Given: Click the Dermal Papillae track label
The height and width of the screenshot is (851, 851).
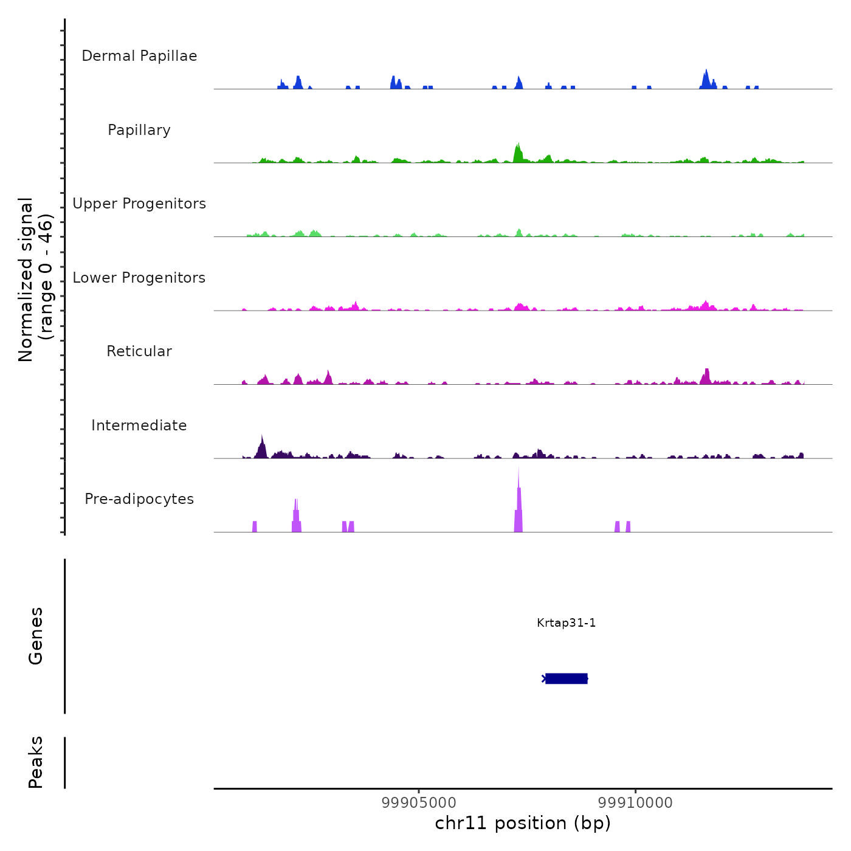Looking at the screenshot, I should (139, 56).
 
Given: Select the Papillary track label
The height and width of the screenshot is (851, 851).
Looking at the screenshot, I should (139, 130).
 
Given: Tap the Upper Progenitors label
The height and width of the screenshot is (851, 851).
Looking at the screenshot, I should (139, 204).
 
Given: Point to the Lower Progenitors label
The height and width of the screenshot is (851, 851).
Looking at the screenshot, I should (139, 278).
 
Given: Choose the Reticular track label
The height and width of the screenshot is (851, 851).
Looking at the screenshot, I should (139, 351).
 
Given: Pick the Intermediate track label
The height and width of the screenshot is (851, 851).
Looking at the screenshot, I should (139, 425).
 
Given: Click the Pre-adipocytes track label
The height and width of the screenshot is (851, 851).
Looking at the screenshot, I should (139, 499).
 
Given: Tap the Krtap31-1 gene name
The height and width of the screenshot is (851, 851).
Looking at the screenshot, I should (566, 622).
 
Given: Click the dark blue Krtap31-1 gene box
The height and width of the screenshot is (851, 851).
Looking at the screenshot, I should (566, 678).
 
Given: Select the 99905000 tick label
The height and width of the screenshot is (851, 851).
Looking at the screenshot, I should (419, 803).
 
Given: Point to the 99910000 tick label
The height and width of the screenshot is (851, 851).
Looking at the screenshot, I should (635, 803).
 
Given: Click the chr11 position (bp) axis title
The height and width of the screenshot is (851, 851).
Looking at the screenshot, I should (523, 823).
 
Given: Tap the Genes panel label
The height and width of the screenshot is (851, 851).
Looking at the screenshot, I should (36, 636).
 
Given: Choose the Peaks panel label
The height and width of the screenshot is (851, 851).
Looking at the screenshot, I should (36, 762).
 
